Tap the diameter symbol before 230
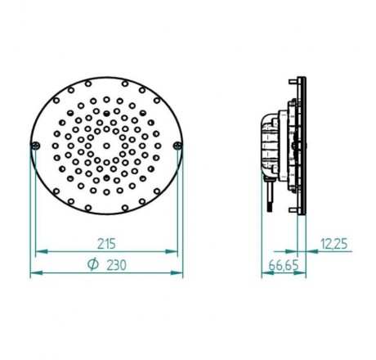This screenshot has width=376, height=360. point(92,264)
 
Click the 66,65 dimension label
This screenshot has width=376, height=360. point(279,265)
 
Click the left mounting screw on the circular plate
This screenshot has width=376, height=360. point(34,146)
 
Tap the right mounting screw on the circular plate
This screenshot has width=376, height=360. point(178,146)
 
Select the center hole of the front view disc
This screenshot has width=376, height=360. point(106,146)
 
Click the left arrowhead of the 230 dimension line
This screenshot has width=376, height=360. point(34,273)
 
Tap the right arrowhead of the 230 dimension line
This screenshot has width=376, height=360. point(180,273)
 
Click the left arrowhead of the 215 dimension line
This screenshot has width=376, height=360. point(38,253)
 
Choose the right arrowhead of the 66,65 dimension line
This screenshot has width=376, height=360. point(303,273)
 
